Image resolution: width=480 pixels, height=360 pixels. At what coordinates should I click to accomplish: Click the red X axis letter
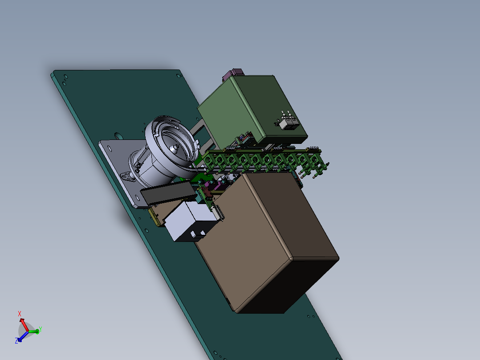pos(20,314)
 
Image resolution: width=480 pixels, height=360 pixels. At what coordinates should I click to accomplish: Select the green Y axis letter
pos(41,329)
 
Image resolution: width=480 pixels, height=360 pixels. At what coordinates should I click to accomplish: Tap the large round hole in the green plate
pos(118,135)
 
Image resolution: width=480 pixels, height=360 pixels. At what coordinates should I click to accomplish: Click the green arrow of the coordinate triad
pos(33,331)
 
